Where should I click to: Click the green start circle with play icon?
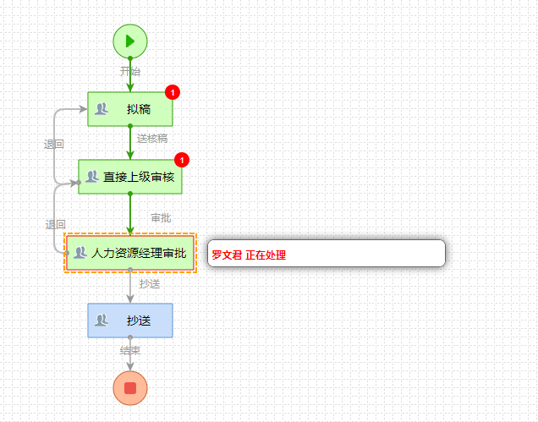point(130,40)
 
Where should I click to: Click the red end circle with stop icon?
point(130,387)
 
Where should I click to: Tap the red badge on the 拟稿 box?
point(172,92)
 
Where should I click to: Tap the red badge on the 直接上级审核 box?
point(181,160)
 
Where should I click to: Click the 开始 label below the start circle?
point(130,72)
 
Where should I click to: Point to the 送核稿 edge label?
point(152,139)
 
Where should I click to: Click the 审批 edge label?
point(161,218)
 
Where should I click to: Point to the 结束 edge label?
point(130,349)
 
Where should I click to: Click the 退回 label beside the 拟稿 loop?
point(54,145)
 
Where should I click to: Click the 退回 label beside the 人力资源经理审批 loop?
point(55,224)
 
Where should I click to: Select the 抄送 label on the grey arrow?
point(150,284)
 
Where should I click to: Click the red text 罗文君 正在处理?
point(249,255)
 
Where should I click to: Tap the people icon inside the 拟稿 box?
point(102,108)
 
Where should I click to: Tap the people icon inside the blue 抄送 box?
point(102,321)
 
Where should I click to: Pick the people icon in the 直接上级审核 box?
point(91,177)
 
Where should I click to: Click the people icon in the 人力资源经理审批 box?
point(80,253)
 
